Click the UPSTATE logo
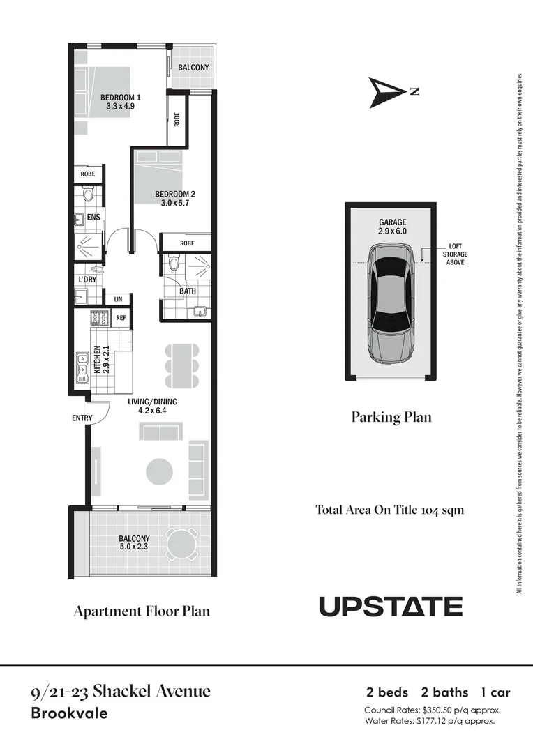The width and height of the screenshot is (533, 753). [391, 607]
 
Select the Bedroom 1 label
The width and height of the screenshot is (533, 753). [121, 97]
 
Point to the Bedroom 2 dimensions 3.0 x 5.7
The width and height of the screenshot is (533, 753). [175, 204]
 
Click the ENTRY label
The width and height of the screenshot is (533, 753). [82, 418]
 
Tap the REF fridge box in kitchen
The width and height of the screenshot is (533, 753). [121, 318]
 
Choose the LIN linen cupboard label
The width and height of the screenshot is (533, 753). [117, 299]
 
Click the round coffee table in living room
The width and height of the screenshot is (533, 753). [159, 471]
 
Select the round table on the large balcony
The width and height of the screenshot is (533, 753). [181, 543]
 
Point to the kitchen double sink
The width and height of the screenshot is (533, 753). [82, 368]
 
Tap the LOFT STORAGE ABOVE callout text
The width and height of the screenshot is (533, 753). [456, 254]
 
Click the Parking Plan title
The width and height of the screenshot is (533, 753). [391, 417]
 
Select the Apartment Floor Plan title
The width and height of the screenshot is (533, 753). [142, 611]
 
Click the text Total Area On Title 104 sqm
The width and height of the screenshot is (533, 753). [389, 510]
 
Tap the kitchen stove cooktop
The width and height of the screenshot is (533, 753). [100, 319]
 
